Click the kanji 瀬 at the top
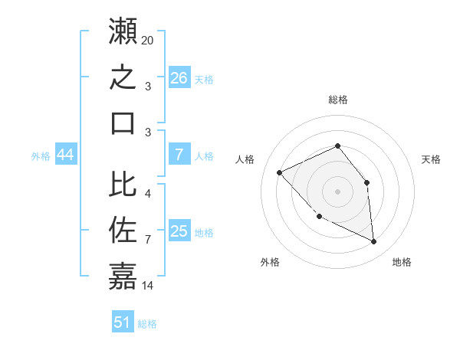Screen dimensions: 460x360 pos(123,31)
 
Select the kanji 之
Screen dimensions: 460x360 pos(123,77)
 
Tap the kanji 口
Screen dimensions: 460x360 pos(123,123)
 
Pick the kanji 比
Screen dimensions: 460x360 pos(123,184)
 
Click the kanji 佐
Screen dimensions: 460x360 pos(123,230)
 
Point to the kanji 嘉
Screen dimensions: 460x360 pos(123,276)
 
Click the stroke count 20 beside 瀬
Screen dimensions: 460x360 pos(147,41)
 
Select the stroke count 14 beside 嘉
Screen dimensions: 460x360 pos(147,286)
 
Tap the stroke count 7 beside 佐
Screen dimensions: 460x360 pos(148,240)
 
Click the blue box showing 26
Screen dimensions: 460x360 pos(179,77)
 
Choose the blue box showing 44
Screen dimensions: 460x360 pos(66,154)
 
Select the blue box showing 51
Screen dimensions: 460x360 pos(123,321)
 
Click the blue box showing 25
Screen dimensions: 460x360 pos(179,230)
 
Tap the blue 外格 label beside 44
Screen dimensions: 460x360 pos(41,156)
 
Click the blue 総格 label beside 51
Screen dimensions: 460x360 pos(147,324)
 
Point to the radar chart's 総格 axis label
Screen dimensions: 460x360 pos(338,100)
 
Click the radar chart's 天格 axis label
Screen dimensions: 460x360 pos(431,159)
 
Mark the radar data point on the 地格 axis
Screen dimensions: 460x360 pos(373,241)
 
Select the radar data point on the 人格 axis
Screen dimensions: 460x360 pos(279,172)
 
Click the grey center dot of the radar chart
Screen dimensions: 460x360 pos(337,191)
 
